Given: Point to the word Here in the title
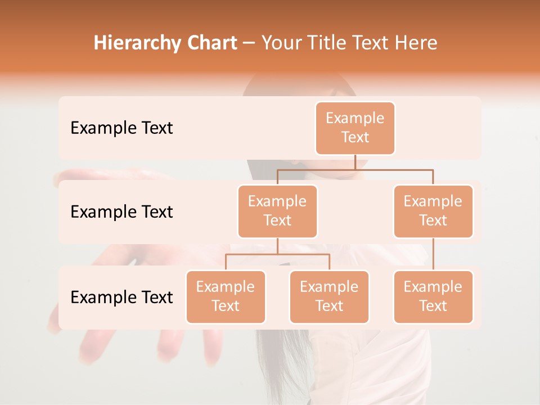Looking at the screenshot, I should click(417, 43).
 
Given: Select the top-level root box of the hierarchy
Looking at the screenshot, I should click(355, 128).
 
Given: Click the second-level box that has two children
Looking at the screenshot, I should click(277, 211).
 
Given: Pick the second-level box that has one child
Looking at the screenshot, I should click(433, 211).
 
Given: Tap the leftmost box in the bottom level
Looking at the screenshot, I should click(226, 296).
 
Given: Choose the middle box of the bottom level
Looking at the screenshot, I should click(329, 296).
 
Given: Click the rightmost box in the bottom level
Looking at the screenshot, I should click(433, 296).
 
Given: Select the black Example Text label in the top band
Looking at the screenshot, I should click(121, 128).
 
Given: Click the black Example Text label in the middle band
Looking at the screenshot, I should click(121, 212).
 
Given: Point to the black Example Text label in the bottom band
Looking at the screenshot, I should click(121, 297).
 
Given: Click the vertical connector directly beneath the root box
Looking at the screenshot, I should click(355, 162).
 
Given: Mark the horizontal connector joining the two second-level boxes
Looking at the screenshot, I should click(355, 169).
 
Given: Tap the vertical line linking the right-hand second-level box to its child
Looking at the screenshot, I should click(433, 254).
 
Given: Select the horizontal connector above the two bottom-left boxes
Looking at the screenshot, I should click(277, 254).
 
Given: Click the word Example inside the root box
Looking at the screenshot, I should click(355, 118).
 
